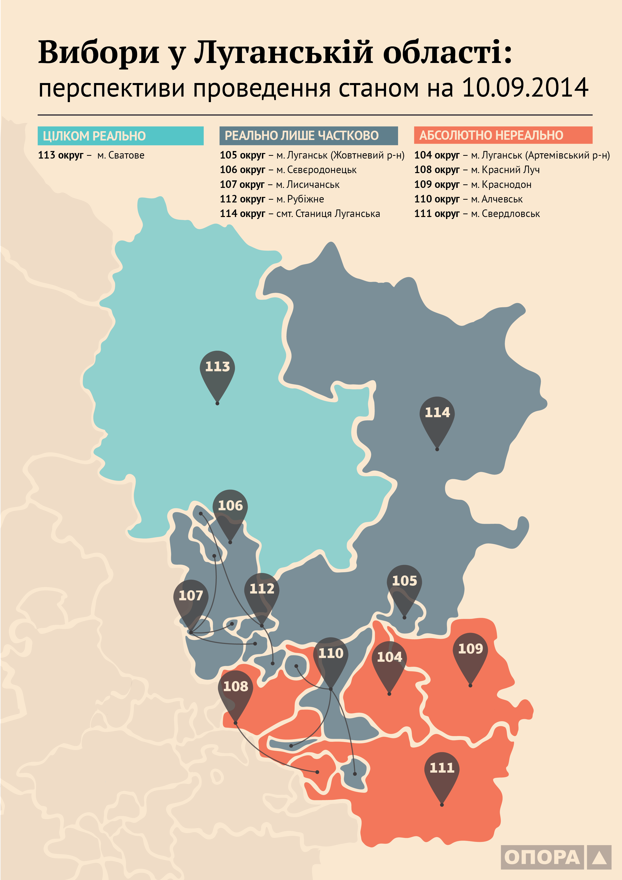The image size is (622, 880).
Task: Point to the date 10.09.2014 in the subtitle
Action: click(x=525, y=88)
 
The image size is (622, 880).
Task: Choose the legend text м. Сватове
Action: click(x=121, y=155)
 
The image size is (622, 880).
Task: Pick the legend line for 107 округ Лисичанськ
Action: click(x=279, y=184)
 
